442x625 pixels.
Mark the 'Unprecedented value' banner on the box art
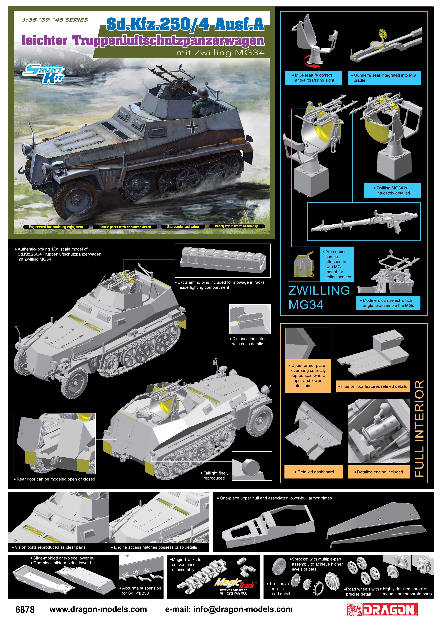183,227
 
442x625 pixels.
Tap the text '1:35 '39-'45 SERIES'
55,20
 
